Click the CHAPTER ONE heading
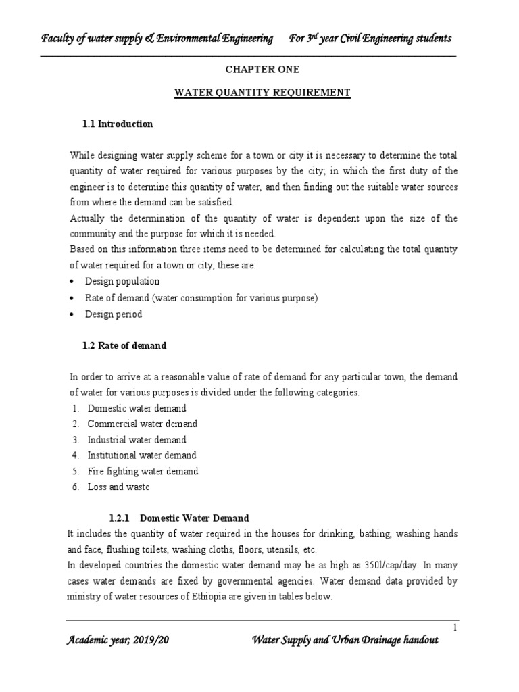[x=261, y=70]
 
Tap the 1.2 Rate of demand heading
[x=124, y=345]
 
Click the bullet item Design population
[x=122, y=281]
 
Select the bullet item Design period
[x=114, y=314]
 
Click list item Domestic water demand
[x=137, y=408]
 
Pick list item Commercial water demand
[x=142, y=424]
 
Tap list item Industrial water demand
[x=136, y=440]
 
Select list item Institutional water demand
[x=141, y=455]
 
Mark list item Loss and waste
[x=118, y=487]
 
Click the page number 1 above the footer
[x=455, y=628]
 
